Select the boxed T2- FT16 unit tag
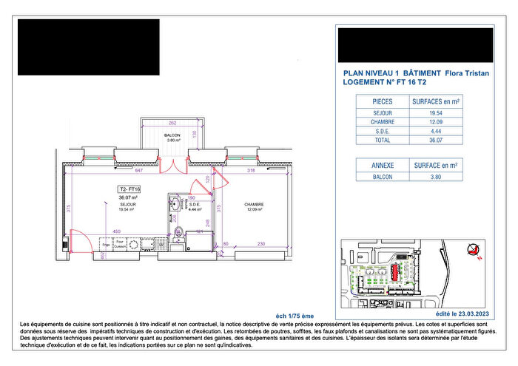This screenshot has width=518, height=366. click(x=129, y=189)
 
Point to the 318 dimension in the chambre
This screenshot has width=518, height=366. click(x=251, y=171)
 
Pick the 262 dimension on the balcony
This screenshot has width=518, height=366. click(x=172, y=123)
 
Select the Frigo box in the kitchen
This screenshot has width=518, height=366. click(x=107, y=243)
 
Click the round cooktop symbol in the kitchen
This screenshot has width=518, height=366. click(x=133, y=243)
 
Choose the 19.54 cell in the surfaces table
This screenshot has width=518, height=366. click(x=445, y=112)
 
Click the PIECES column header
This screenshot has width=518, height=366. click(x=383, y=101)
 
